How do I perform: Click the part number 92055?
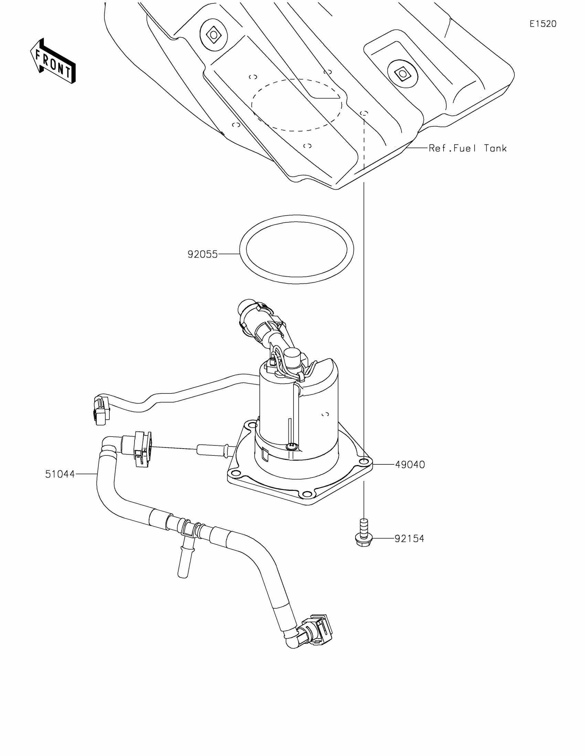202,254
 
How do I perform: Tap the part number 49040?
410,464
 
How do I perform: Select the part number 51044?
60,474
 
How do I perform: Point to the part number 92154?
409,539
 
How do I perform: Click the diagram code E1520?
543,24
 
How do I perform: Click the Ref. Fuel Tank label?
467,148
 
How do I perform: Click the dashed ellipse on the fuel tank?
297,105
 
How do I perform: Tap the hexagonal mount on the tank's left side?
213,35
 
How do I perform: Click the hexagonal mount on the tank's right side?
402,73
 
